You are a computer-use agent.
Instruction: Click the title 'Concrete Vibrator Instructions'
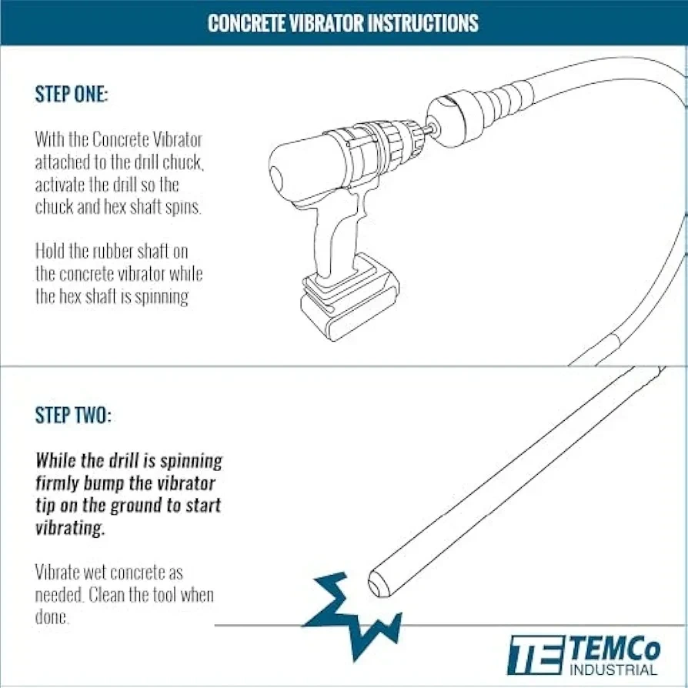[x=343, y=23]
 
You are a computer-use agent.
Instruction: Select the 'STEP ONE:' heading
[x=72, y=95]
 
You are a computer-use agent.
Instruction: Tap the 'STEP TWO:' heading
[x=73, y=415]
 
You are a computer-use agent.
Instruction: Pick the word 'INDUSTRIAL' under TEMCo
[x=613, y=670]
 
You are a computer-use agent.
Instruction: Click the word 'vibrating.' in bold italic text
[x=70, y=528]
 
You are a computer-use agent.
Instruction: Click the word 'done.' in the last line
[x=52, y=617]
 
